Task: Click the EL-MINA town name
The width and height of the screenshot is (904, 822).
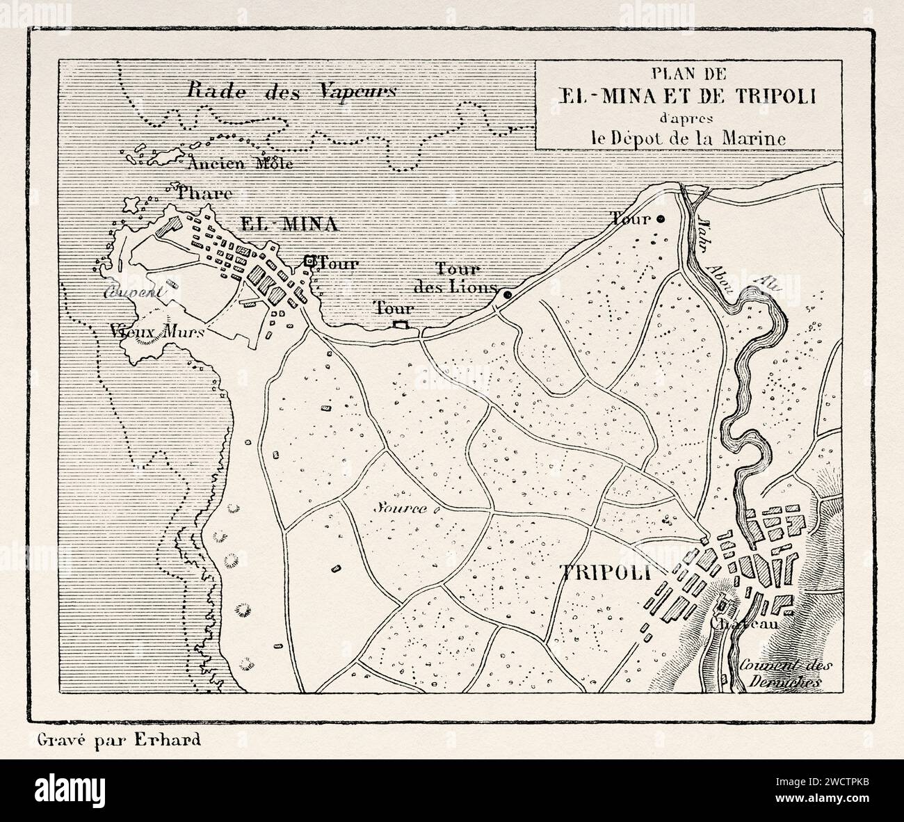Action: [x=288, y=224]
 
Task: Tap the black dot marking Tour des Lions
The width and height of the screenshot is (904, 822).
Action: [x=507, y=296]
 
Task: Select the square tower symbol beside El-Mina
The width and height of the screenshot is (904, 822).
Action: [x=309, y=261]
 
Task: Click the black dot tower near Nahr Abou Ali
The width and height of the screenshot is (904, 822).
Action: [x=661, y=218]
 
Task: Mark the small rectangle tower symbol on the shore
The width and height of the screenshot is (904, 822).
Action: [x=400, y=325]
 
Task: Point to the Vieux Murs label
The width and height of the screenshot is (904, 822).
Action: [x=156, y=332]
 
